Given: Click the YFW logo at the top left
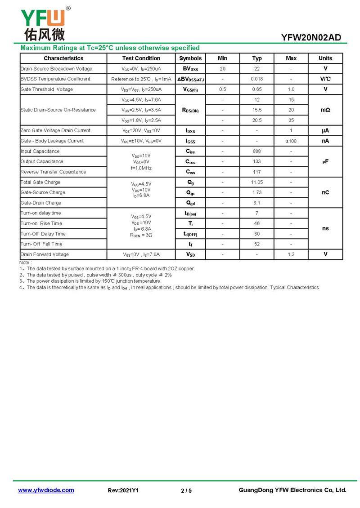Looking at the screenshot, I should [x=43, y=23].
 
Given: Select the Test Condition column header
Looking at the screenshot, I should [x=141, y=58].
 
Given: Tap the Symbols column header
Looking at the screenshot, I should [x=190, y=58].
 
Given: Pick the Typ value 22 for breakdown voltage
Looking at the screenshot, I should [x=256, y=69].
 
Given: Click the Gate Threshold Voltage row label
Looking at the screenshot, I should [x=47, y=89].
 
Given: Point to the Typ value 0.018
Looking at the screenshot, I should [x=256, y=79].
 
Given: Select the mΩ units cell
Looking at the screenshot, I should [x=325, y=110].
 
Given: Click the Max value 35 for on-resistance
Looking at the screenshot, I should [x=291, y=120].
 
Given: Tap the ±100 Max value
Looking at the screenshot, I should [x=291, y=141].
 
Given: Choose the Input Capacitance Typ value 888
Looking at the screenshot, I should [x=256, y=152].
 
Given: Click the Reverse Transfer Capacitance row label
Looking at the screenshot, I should [x=53, y=172].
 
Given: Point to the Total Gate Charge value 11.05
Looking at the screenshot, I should [x=256, y=183].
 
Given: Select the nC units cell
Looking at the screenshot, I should [x=325, y=192].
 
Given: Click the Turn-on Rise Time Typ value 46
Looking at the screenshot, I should [x=256, y=223].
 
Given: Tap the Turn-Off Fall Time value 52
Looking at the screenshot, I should [x=256, y=244].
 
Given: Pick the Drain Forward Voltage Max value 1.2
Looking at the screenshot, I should [x=291, y=254].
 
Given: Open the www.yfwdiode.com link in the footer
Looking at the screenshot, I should [x=46, y=490].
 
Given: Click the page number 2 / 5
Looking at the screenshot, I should [x=186, y=490].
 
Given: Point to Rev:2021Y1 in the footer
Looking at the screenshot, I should [x=123, y=490].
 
